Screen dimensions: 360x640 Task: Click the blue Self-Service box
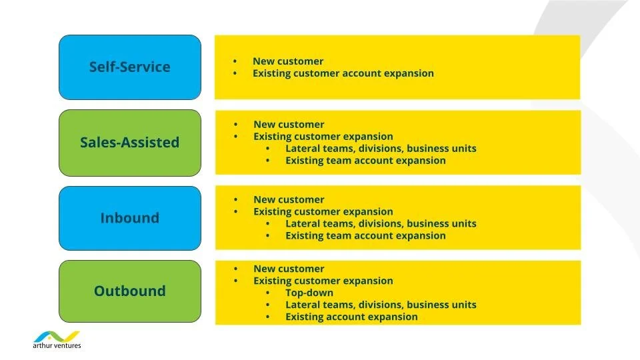click(129, 67)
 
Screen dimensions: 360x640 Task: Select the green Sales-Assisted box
click(129, 142)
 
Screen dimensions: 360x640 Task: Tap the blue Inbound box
click(129, 218)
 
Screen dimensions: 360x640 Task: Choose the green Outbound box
click(129, 291)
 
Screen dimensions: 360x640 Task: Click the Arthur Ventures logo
click(57, 339)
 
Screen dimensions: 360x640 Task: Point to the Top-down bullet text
click(309, 293)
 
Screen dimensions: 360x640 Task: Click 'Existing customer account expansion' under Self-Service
click(343, 73)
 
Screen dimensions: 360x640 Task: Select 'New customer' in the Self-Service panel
click(287, 61)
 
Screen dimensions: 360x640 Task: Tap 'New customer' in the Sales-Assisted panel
click(289, 125)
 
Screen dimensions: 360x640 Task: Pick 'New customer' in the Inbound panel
click(289, 200)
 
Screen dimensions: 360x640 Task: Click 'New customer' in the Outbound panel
click(289, 269)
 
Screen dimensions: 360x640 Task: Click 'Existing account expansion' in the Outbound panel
click(351, 317)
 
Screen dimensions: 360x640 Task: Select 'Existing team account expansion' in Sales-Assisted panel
click(365, 161)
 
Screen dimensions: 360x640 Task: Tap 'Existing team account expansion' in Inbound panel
click(365, 236)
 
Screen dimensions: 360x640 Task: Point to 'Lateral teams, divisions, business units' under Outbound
click(381, 305)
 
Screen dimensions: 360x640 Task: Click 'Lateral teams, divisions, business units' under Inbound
click(381, 224)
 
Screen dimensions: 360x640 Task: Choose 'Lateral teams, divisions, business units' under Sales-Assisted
click(381, 149)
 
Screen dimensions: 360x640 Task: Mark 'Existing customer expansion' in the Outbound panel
click(323, 281)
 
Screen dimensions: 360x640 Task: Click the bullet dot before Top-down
click(268, 293)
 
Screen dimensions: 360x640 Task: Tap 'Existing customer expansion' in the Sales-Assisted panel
click(323, 137)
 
